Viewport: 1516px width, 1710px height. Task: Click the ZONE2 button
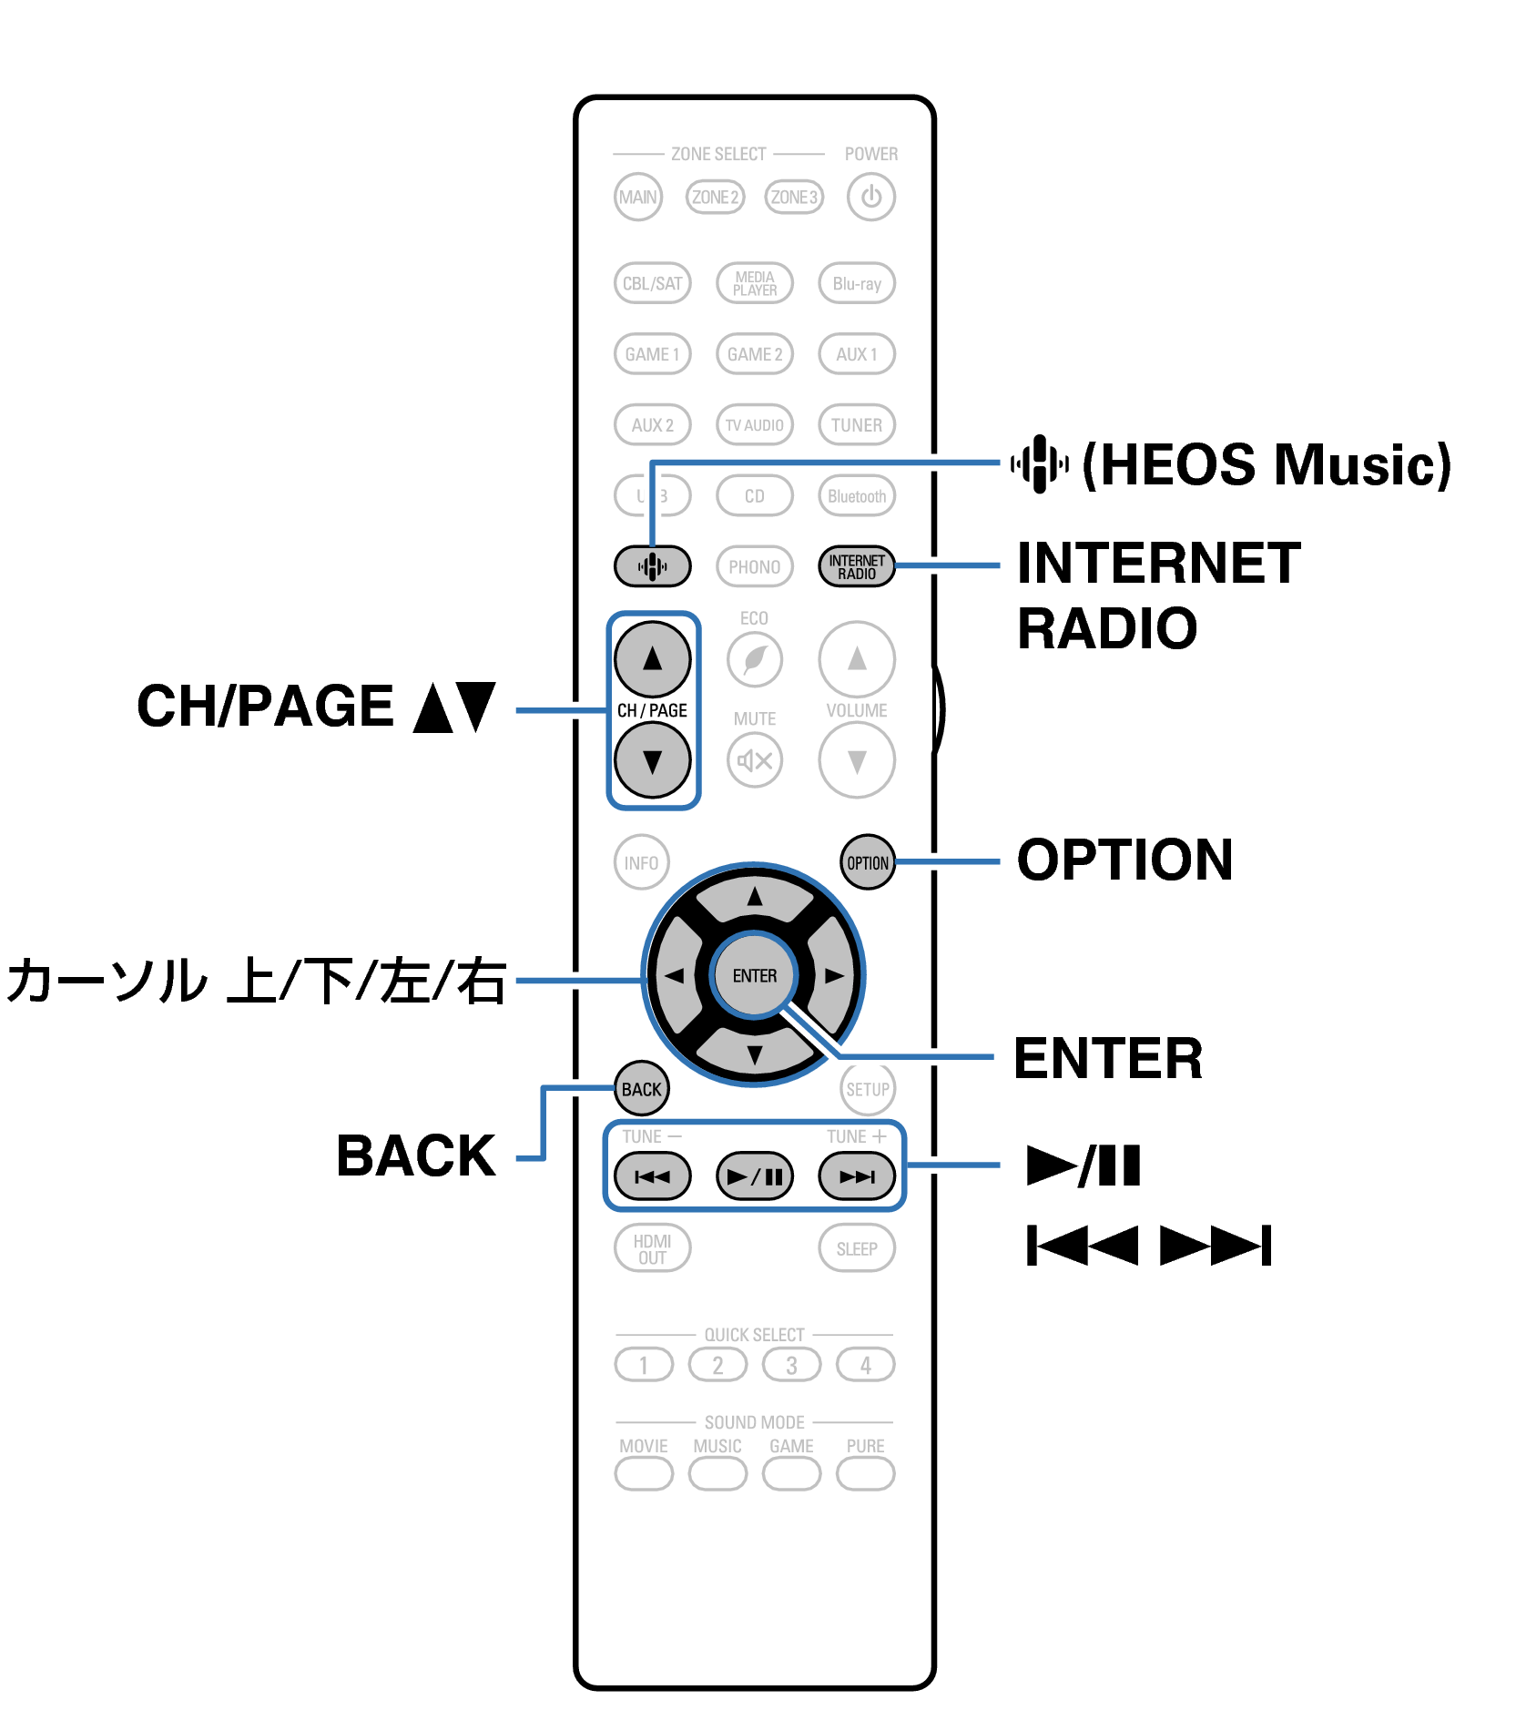pyautogui.click(x=715, y=197)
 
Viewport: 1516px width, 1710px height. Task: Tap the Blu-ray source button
pyautogui.click(x=856, y=283)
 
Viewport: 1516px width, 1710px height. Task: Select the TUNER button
pyautogui.click(x=856, y=424)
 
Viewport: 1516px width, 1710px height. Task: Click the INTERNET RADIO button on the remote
pyautogui.click(x=856, y=566)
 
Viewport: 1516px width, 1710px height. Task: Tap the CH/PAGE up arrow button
pyautogui.click(x=652, y=658)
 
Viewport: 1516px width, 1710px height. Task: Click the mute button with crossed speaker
pyautogui.click(x=754, y=760)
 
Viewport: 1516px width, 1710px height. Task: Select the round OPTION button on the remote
pyautogui.click(x=867, y=862)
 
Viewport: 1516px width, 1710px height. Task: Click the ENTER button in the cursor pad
pyautogui.click(x=754, y=975)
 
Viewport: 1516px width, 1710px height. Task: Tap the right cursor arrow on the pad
pyautogui.click(x=833, y=975)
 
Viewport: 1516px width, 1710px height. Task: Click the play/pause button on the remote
pyautogui.click(x=754, y=1176)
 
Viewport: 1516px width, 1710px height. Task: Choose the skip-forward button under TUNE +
pyautogui.click(x=856, y=1176)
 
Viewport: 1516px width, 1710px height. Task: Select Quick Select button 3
pyautogui.click(x=791, y=1365)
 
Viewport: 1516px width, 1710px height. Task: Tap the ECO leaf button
pyautogui.click(x=754, y=658)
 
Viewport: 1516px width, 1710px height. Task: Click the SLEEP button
pyautogui.click(x=856, y=1248)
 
